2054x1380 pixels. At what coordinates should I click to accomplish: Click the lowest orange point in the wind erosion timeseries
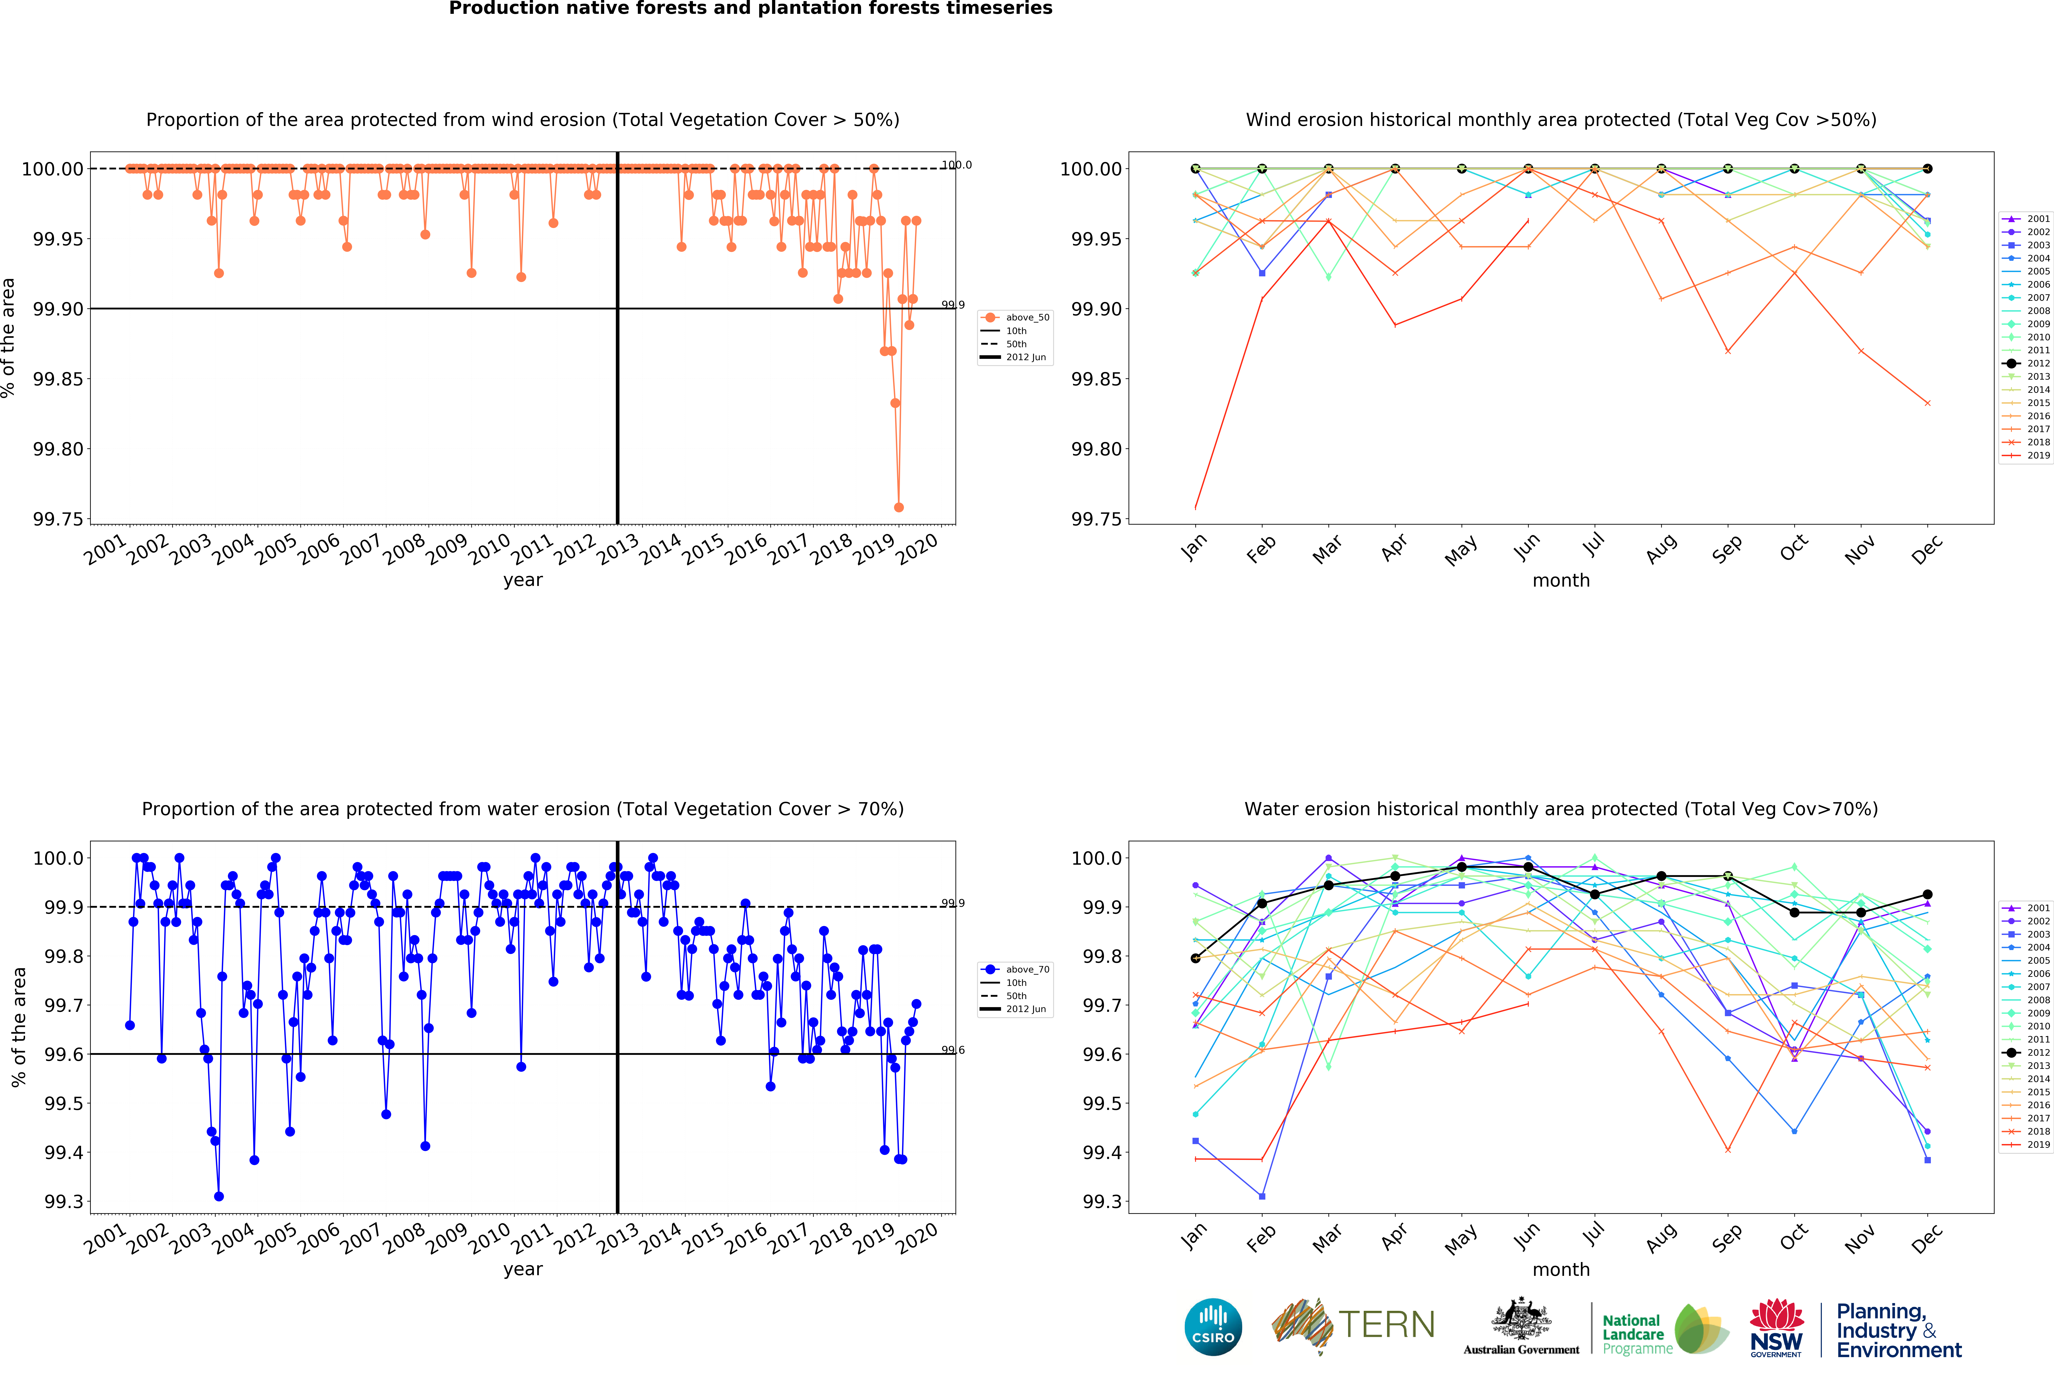point(898,508)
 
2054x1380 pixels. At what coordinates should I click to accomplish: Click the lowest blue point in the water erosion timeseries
point(219,1196)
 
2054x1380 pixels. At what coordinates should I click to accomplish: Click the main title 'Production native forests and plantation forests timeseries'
point(751,9)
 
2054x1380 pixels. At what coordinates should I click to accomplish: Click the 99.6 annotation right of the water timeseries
point(953,1050)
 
